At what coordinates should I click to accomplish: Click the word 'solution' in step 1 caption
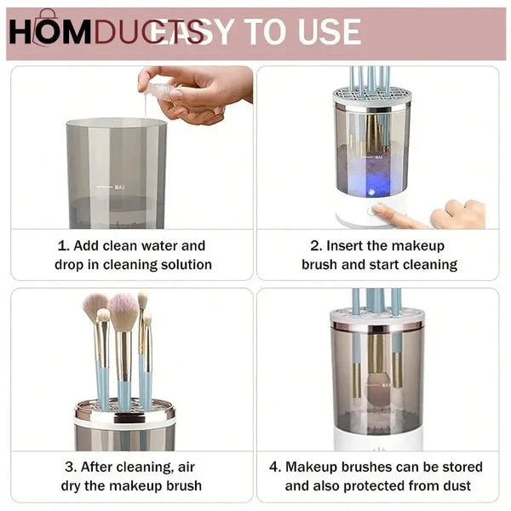tap(182, 265)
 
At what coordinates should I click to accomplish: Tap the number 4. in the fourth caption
tap(275, 467)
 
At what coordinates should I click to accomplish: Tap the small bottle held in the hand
tap(161, 87)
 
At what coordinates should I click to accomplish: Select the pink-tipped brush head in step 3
tap(123, 312)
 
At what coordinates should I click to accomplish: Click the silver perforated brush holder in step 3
tap(123, 414)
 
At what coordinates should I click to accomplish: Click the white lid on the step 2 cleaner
tap(371, 97)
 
